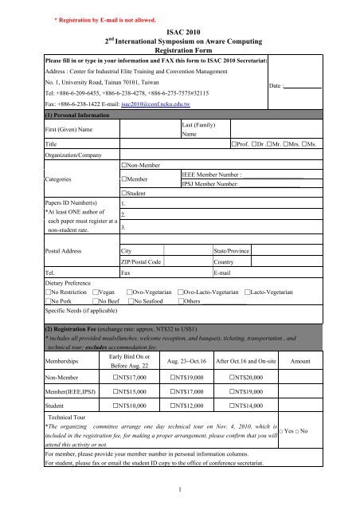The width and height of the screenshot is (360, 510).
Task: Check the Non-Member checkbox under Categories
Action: click(123, 163)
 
